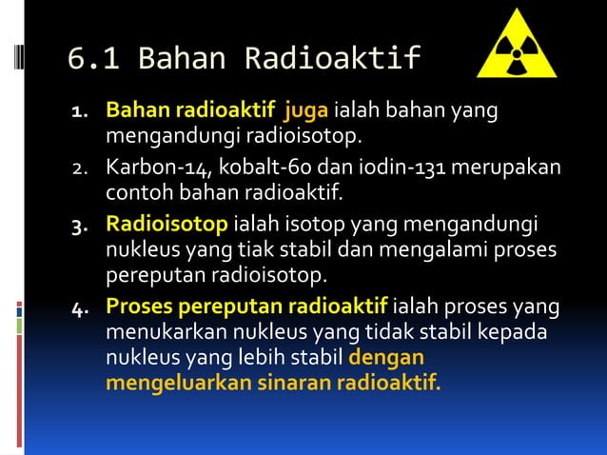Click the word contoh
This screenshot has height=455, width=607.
[135, 196]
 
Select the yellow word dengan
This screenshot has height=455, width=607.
[386, 360]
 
